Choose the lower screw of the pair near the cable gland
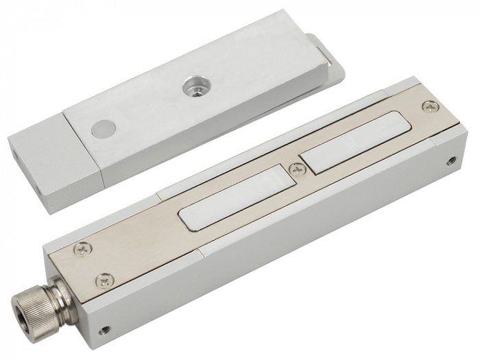tap(103, 280)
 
